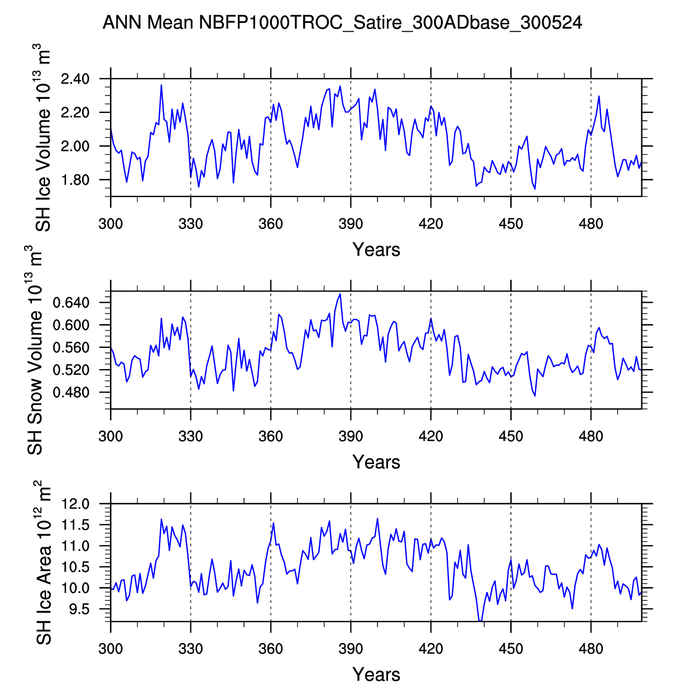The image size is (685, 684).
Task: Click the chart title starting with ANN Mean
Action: [342, 22]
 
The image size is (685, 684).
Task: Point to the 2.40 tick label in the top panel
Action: [75, 79]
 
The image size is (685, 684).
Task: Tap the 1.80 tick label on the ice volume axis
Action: [75, 180]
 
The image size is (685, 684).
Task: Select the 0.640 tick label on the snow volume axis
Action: [71, 303]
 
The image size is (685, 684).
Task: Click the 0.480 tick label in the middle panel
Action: [71, 393]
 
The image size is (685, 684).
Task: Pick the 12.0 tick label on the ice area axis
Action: [75, 504]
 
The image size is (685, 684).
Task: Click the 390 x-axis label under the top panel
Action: [351, 224]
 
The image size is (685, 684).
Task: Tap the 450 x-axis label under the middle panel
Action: [511, 436]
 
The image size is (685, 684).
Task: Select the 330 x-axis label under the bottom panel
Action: [190, 649]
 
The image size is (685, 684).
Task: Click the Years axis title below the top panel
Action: [376, 250]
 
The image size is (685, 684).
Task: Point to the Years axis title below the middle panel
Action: [376, 462]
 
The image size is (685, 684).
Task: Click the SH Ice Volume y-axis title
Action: [42, 138]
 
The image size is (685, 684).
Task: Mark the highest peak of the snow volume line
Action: [340, 294]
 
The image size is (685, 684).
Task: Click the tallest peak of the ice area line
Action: [377, 519]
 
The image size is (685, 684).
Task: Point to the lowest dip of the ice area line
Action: [480, 621]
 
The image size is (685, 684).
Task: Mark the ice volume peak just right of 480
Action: [599, 96]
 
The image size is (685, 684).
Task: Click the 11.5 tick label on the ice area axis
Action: [75, 525]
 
